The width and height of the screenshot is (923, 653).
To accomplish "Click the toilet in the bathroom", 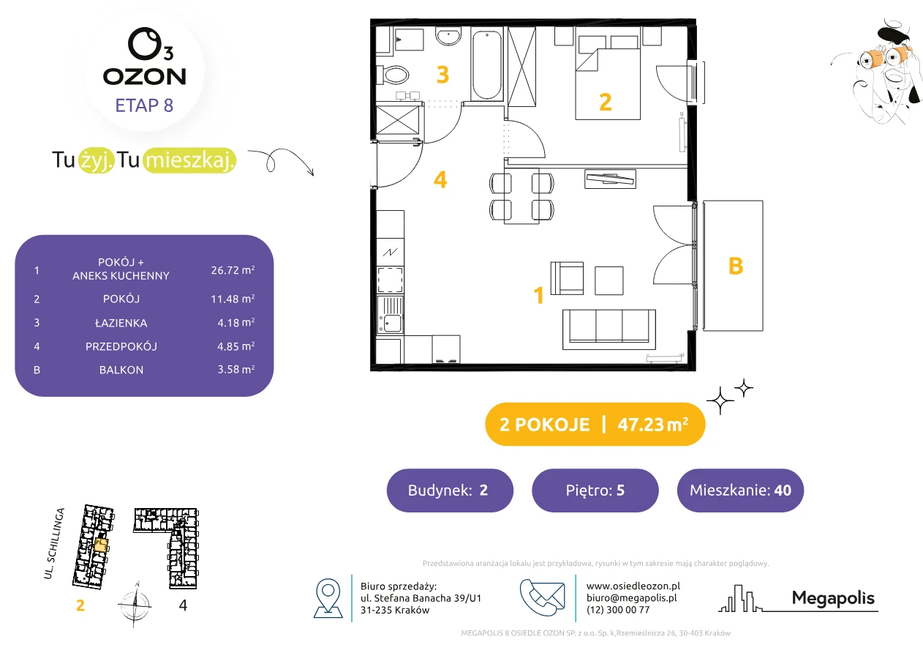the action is click(393, 75).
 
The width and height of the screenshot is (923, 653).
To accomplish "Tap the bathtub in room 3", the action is click(486, 64).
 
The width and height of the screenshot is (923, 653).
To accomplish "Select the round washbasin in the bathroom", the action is click(448, 37).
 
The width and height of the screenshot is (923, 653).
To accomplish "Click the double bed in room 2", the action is click(608, 78).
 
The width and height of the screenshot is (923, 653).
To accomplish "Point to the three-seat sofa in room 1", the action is click(609, 329).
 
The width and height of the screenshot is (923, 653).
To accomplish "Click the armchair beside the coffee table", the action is click(567, 278).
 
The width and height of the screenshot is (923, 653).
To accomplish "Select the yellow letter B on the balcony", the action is click(736, 266).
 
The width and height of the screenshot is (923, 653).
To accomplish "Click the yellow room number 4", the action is click(440, 180).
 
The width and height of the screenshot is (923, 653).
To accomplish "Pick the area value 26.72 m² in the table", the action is click(233, 270).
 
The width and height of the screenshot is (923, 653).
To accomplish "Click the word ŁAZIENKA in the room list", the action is click(121, 323).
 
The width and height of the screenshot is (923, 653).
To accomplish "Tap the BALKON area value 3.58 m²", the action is click(236, 369).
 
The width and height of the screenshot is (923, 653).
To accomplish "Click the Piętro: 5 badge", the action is click(595, 490).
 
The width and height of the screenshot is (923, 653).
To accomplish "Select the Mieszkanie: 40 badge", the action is click(740, 490).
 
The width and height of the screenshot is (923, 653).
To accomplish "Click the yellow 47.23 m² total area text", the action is click(652, 425).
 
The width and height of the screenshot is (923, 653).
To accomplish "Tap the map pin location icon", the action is click(328, 597).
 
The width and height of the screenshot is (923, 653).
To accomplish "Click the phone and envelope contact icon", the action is click(542, 597).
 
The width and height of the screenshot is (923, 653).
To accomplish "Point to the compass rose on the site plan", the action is click(135, 605).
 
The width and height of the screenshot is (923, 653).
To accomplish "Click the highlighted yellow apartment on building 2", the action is click(101, 545).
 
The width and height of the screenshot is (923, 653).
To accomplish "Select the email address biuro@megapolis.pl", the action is click(632, 597).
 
